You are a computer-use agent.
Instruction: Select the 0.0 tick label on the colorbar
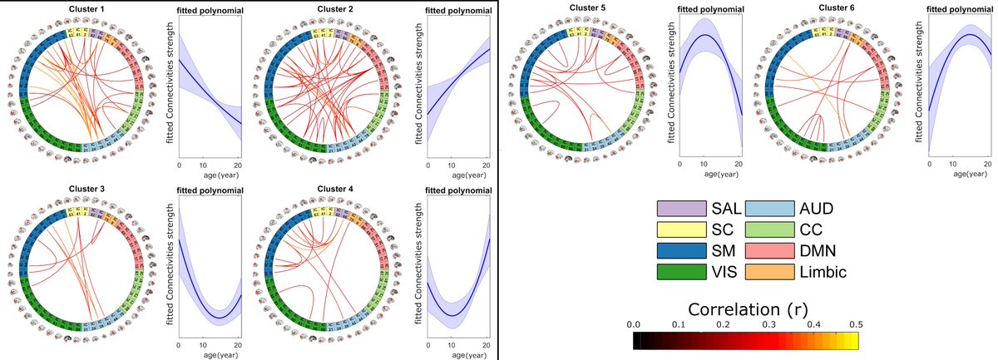click(632, 323)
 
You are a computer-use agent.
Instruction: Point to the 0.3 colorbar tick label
click(767, 323)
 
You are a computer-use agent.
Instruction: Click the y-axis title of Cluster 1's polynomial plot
click(170, 83)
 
